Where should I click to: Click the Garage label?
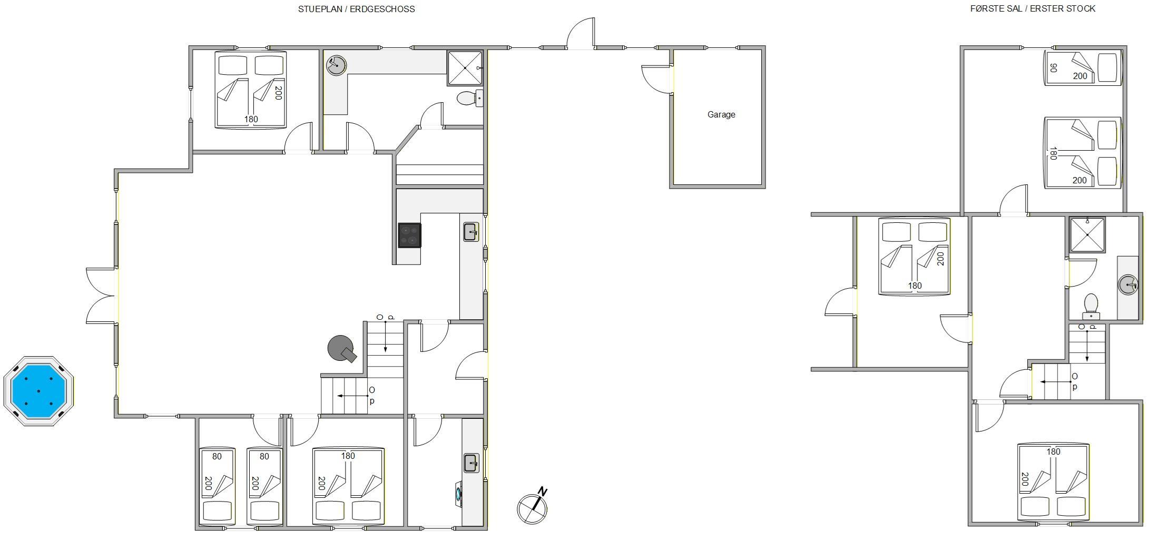(x=721, y=114)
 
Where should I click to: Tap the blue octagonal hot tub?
(x=38, y=391)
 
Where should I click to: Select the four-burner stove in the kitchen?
(x=409, y=235)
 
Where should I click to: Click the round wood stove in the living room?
(x=341, y=349)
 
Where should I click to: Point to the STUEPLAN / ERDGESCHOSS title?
(x=356, y=9)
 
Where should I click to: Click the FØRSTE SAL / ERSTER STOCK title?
(x=1033, y=8)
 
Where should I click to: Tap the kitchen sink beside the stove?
(x=470, y=232)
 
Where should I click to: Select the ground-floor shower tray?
(x=465, y=67)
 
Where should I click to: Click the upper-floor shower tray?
(x=1087, y=235)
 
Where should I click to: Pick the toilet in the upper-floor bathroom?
(x=1090, y=307)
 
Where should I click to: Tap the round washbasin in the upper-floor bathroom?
(x=1127, y=285)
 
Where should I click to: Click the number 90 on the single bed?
(x=1054, y=68)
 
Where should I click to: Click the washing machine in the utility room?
(x=459, y=494)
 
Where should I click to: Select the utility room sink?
(x=471, y=464)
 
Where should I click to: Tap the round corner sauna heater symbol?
(x=336, y=65)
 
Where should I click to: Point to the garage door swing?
(x=656, y=79)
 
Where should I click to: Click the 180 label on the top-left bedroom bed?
(x=251, y=119)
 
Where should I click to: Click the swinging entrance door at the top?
(x=581, y=33)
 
